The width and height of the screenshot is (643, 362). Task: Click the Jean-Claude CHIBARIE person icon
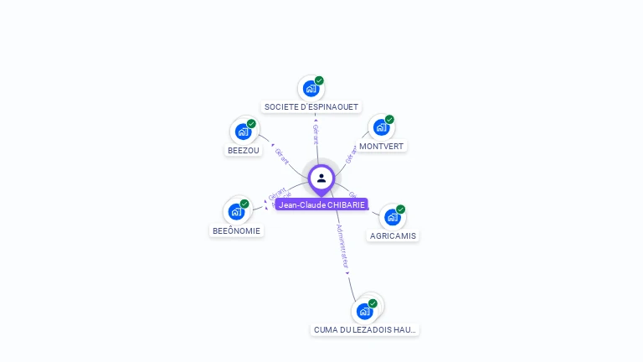321,178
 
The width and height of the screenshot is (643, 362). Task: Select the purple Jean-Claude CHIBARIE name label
321,204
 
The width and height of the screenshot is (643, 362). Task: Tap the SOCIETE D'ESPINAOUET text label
311,107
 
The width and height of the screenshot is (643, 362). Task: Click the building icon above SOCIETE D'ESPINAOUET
311,88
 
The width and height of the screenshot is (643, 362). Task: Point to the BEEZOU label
244,151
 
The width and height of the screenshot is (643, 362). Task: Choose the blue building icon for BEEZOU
243,132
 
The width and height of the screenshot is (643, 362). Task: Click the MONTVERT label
381,147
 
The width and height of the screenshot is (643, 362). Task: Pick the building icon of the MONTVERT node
381,127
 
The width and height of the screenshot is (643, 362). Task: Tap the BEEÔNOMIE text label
236,230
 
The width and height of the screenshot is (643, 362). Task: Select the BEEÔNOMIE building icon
236,211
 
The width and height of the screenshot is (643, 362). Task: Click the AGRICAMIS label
393,236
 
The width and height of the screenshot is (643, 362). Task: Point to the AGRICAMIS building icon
392,217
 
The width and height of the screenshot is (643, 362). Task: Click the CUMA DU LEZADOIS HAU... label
364,330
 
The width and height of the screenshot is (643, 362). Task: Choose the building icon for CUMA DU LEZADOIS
364,311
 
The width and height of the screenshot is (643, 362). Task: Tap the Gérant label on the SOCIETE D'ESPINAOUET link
316,134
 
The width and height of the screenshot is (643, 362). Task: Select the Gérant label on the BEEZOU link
281,157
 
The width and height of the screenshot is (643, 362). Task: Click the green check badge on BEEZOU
251,124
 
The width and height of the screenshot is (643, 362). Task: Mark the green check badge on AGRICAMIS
400,209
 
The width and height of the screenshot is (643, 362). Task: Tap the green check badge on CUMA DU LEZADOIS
373,303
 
